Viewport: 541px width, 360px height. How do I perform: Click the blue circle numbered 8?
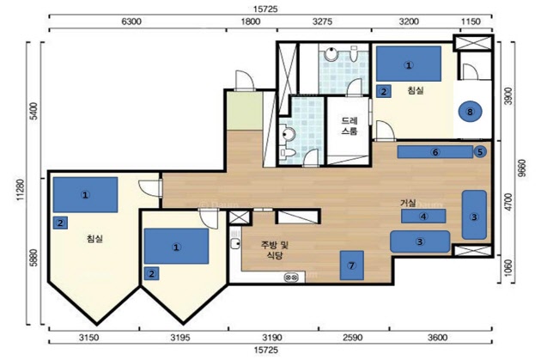(x=470, y=112)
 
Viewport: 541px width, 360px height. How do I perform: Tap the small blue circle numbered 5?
(x=480, y=152)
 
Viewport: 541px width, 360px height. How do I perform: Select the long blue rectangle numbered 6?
(x=435, y=152)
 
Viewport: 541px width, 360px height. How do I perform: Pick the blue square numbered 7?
(x=351, y=265)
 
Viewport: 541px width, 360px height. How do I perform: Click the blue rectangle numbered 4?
(x=423, y=217)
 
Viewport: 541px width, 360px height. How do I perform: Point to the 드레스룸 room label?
(x=350, y=126)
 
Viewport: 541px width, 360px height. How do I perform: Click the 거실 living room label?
(x=408, y=203)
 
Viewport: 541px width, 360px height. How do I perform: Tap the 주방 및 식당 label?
(x=275, y=250)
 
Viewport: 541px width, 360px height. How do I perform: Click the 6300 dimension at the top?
(x=131, y=21)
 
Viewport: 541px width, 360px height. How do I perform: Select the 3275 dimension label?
(x=323, y=21)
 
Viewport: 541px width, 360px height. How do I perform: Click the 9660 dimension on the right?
(x=522, y=168)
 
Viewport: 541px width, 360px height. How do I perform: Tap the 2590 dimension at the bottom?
(x=353, y=337)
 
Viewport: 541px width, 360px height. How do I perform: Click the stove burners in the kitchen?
(x=292, y=277)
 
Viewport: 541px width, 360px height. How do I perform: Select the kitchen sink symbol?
(x=235, y=243)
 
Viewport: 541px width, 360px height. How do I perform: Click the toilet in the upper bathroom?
(x=354, y=54)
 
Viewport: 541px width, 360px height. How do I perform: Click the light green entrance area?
(x=244, y=111)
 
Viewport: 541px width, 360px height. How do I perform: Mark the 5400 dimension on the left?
(x=33, y=111)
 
